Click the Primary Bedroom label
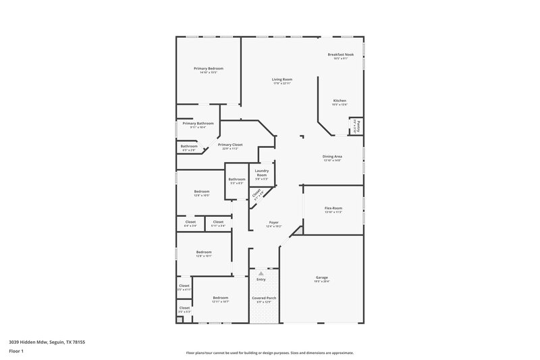pos(208,69)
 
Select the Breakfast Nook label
pos(340,55)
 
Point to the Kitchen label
pos(340,101)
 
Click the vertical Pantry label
pos(357,125)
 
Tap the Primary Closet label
pos(230,145)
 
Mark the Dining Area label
pos(332,157)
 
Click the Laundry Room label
pos(262,173)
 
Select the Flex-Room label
pos(333,208)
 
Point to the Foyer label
pos(274,222)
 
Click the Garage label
pos(321,277)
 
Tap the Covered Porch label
pos(264,298)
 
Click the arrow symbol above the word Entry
pos(261,273)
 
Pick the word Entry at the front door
pos(261,280)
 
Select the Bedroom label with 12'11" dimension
pos(221,298)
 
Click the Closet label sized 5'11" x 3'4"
pos(218,222)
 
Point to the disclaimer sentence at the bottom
pos(270,353)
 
